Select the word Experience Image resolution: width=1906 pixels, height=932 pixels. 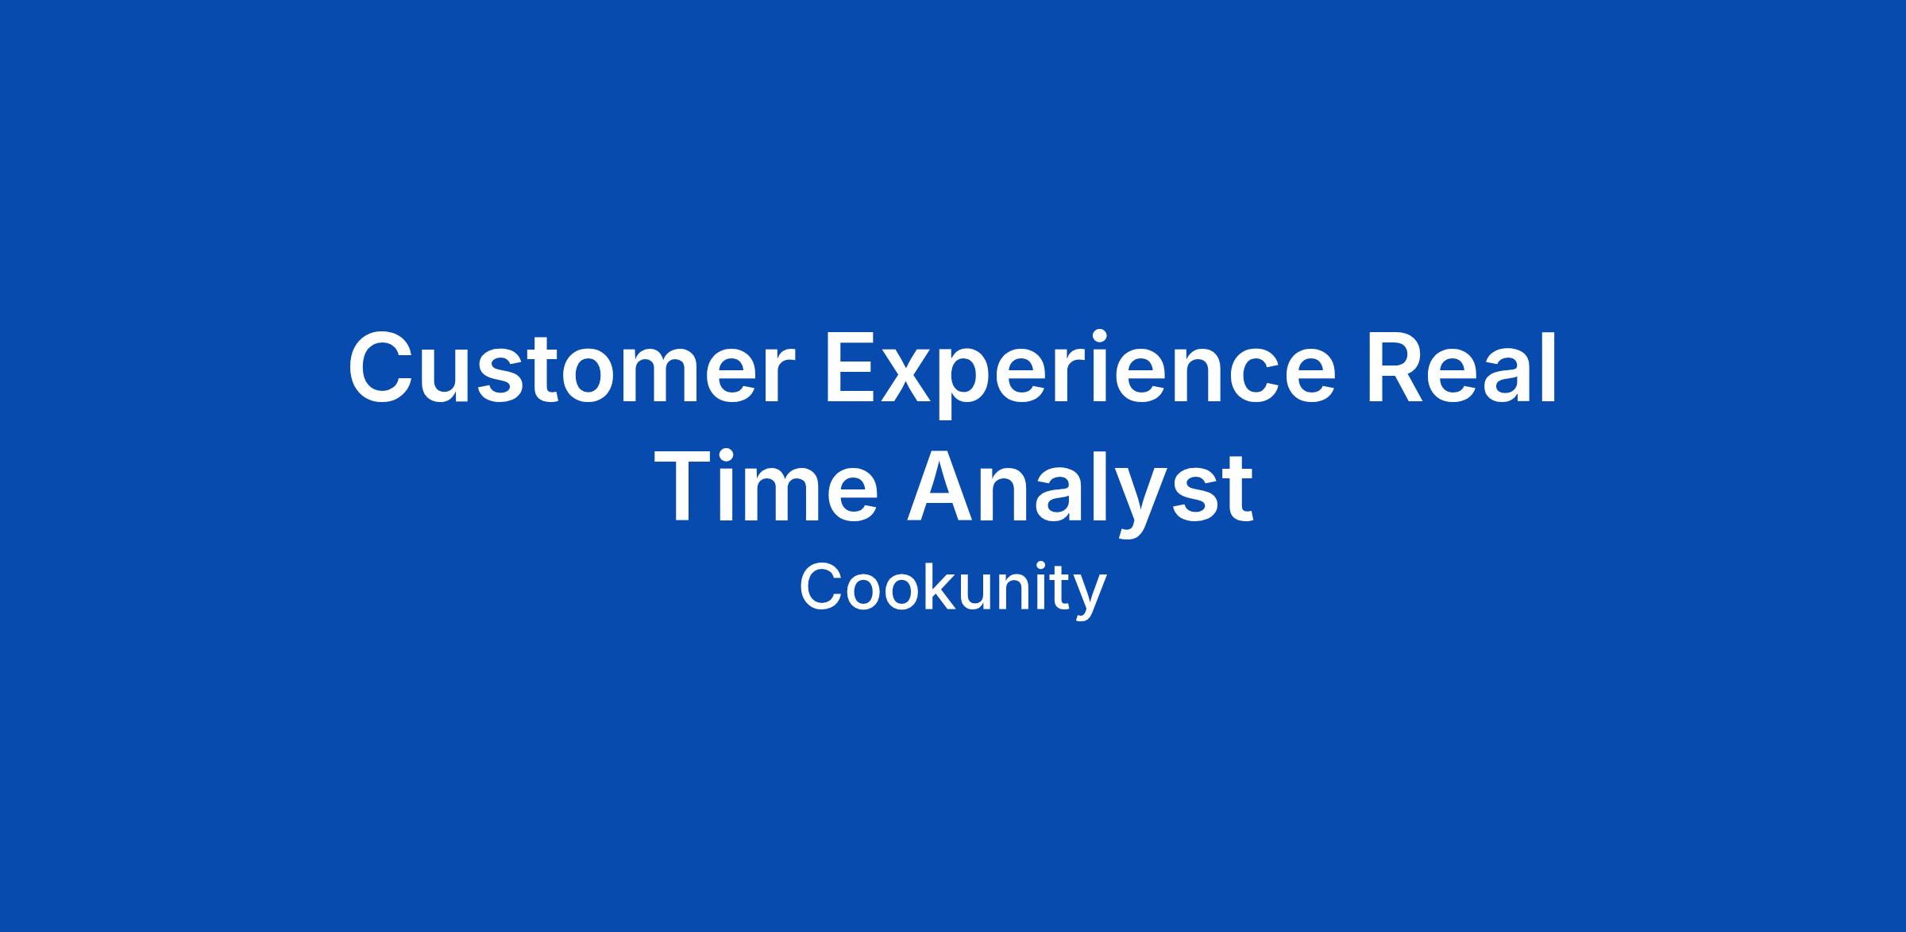coord(1079,373)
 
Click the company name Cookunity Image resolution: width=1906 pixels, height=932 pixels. coord(952,590)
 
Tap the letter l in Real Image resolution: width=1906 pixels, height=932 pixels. coord(1549,365)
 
